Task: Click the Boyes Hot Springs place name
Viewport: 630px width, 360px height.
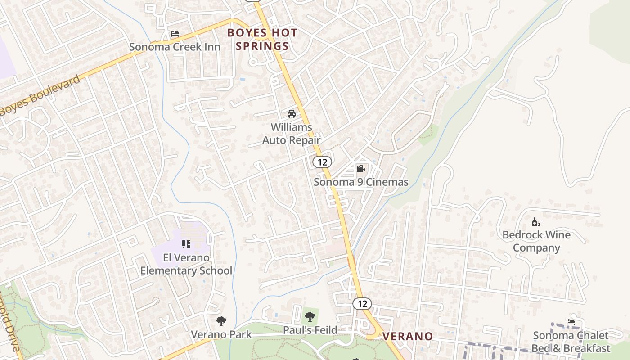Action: pos(262,39)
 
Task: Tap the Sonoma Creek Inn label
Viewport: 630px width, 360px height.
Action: pos(175,47)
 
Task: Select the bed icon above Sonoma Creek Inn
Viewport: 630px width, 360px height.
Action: pos(175,34)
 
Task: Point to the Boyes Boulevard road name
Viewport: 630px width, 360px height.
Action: pos(40,95)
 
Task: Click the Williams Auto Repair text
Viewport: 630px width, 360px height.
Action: pos(291,134)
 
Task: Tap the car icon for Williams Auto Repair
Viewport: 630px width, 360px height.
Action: pos(292,114)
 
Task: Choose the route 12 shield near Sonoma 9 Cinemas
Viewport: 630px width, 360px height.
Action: pos(322,162)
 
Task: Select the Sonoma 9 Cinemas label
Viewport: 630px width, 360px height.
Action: pos(361,182)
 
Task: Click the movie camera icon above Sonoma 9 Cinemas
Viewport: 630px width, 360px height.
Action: pos(360,169)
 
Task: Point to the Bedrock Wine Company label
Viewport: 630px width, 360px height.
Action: pos(536,241)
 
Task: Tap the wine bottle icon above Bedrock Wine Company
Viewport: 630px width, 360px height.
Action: pos(536,222)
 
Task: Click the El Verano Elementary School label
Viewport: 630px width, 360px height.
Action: pos(186,264)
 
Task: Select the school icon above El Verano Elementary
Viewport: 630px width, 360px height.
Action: pos(186,244)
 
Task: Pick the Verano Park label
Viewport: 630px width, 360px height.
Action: pos(221,334)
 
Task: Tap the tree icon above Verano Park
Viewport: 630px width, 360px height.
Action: pos(221,321)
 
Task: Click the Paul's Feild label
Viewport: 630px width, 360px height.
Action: pos(310,330)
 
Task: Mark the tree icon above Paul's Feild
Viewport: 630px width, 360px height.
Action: pos(310,317)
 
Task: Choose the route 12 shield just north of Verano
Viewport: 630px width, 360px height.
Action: pos(362,304)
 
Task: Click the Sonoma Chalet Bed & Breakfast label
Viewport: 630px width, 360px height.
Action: pos(571,342)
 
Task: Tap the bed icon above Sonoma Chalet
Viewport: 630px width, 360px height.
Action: pos(571,322)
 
